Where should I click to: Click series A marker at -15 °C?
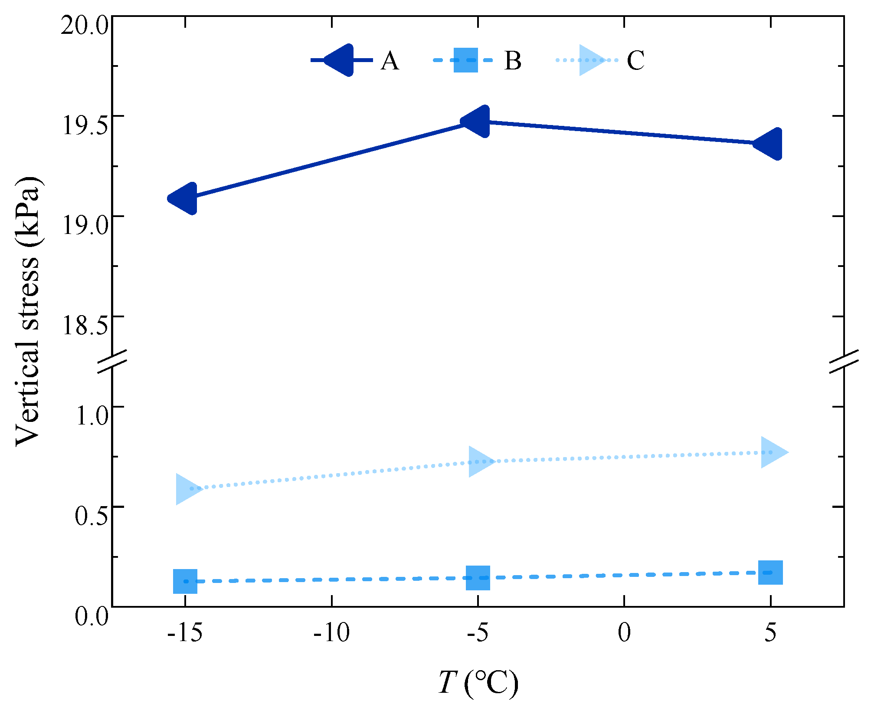pyautogui.click(x=185, y=198)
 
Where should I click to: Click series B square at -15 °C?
pyautogui.click(x=185, y=581)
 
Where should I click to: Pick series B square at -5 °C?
pyautogui.click(x=478, y=578)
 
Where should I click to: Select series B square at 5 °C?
pyautogui.click(x=770, y=573)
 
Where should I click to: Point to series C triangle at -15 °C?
pyautogui.click(x=187, y=489)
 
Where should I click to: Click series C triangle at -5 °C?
pyautogui.click(x=480, y=461)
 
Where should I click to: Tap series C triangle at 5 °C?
pyautogui.click(x=772, y=452)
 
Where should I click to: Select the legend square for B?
pyautogui.click(x=465, y=60)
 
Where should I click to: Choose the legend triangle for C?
pyautogui.click(x=590, y=60)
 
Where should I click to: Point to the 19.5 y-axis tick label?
pyautogui.click(x=85, y=126)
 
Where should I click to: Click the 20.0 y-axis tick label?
pyautogui.click(x=84, y=26)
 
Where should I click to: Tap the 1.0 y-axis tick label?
pyautogui.click(x=92, y=416)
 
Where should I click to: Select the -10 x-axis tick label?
pyautogui.click(x=331, y=633)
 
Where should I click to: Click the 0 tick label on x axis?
pyautogui.click(x=624, y=633)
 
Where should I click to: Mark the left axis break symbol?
pyautogui.click(x=112, y=361)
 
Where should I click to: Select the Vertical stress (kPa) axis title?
pyautogui.click(x=29, y=311)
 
